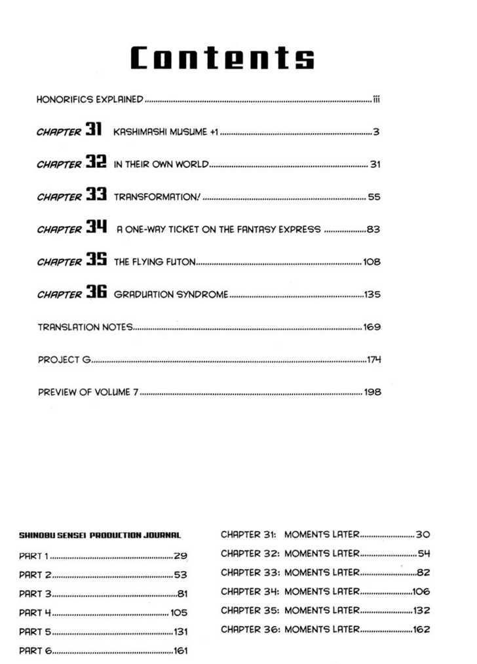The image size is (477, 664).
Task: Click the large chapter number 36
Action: tap(96, 293)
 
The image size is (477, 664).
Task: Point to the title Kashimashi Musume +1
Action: tap(166, 132)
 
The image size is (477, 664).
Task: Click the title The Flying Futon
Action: tap(155, 262)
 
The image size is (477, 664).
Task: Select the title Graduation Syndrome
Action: tap(171, 294)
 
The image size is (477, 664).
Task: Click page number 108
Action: tap(372, 262)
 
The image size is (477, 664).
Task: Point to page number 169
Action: tap(372, 326)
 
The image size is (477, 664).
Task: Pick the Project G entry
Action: tap(64, 359)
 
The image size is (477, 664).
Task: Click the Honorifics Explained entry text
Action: tap(90, 100)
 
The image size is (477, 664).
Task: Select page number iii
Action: tap(377, 100)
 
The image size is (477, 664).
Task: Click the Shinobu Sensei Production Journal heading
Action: tap(100, 535)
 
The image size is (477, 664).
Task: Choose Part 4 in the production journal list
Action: tap(35, 613)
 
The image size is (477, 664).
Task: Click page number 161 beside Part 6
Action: tap(180, 651)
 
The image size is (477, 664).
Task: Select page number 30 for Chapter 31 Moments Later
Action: tap(423, 535)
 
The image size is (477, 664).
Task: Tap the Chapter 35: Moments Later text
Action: tap(290, 610)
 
